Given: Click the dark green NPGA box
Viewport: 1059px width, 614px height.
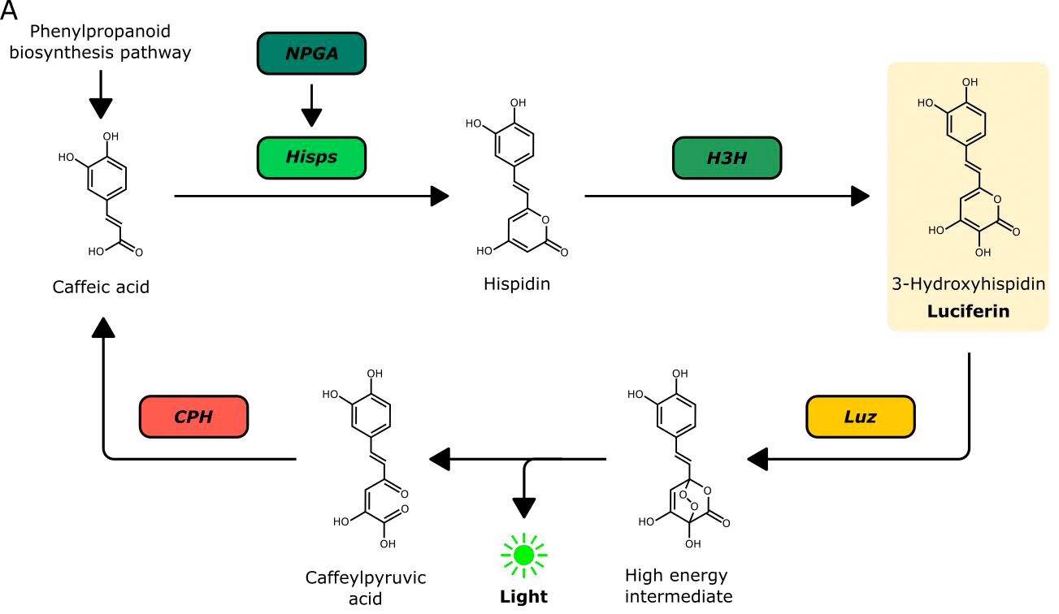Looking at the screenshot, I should click(312, 54).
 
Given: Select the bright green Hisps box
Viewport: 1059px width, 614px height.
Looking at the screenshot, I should click(312, 157).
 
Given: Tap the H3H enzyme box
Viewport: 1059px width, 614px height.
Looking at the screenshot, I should click(727, 157).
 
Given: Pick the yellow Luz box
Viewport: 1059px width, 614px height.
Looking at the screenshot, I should click(860, 417).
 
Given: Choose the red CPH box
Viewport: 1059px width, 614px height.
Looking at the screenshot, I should click(193, 417).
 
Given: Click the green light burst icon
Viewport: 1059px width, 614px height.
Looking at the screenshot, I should click(523, 555).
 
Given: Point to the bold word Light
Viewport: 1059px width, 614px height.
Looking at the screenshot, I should click(523, 597).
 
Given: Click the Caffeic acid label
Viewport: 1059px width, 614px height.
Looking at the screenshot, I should click(101, 287).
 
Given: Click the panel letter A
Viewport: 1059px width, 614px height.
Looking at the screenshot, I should click(9, 11).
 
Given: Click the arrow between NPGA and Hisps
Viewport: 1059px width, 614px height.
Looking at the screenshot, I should click(312, 106).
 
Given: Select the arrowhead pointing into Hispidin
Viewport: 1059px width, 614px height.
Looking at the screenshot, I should click(439, 196).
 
